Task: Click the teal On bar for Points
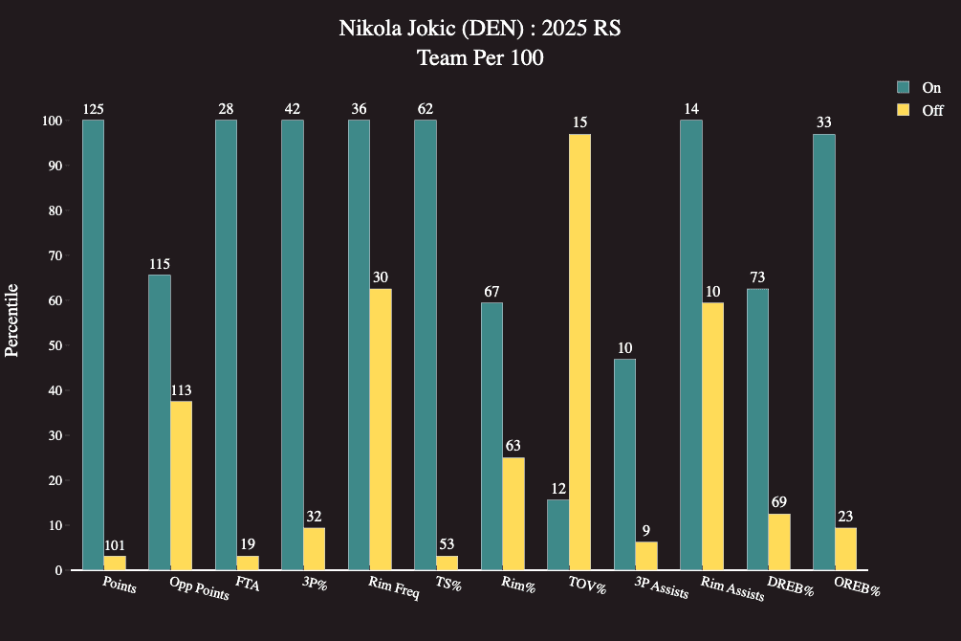pyautogui.click(x=93, y=344)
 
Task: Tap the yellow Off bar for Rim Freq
pyautogui.click(x=381, y=430)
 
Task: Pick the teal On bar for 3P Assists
pyautogui.click(x=624, y=464)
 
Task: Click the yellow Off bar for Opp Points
pyautogui.click(x=181, y=485)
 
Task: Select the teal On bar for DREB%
pyautogui.click(x=757, y=430)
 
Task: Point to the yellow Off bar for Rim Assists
pyautogui.click(x=712, y=436)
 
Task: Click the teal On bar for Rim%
pyautogui.click(x=491, y=436)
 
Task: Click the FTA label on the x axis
pyautogui.click(x=247, y=583)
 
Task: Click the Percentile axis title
pyautogui.click(x=12, y=320)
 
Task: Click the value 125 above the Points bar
pyautogui.click(x=93, y=109)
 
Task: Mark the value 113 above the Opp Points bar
pyautogui.click(x=181, y=390)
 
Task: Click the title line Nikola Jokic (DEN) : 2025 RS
pyautogui.click(x=480, y=29)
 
